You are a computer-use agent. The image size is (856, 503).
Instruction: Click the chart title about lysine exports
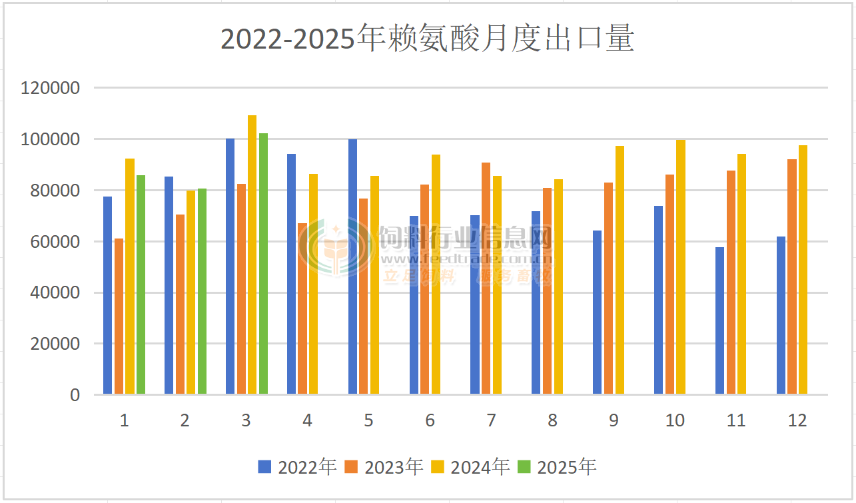(427, 39)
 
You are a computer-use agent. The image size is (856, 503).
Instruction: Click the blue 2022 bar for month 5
(352, 266)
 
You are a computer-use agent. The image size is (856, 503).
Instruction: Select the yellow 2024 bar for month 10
(681, 266)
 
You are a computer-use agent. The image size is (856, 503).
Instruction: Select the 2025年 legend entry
(557, 467)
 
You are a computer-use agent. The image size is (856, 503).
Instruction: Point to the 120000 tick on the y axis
(51, 88)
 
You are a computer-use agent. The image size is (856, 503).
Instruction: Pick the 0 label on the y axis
(75, 395)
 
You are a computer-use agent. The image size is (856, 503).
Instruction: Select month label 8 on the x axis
(552, 420)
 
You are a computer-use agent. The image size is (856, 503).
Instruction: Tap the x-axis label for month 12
(797, 420)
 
